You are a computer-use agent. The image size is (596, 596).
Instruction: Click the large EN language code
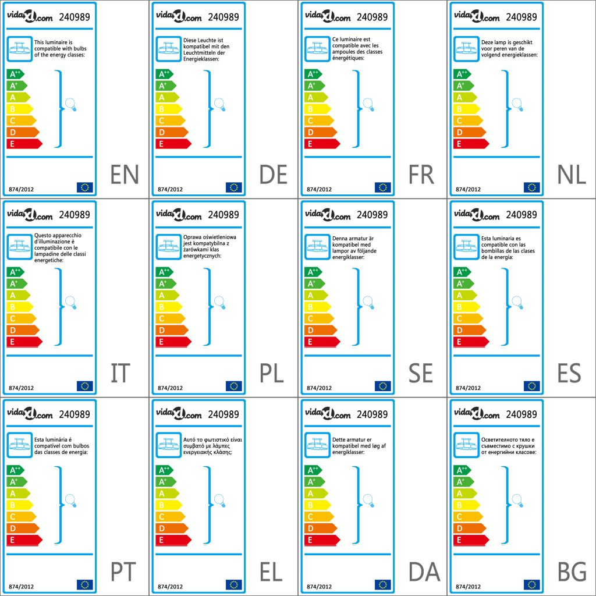pos(125,175)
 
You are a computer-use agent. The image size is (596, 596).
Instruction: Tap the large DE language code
pos(273,175)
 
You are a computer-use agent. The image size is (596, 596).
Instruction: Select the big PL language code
pos(272,373)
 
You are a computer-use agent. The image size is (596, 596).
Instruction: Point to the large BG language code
pos(572,572)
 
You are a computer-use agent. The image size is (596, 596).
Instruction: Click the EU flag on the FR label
pos(382,187)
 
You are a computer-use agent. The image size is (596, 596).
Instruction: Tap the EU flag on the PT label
pos(84,584)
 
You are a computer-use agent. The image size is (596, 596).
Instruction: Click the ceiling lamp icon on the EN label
pos(19,49)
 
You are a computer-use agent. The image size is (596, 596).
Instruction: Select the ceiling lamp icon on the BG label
pos(466,445)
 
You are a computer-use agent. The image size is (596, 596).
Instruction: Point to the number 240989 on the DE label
pos(223,17)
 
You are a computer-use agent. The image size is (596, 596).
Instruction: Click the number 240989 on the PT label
pos(74,414)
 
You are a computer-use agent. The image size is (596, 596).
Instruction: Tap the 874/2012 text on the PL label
pos(171,388)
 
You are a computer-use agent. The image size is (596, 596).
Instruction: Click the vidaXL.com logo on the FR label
pos(328,17)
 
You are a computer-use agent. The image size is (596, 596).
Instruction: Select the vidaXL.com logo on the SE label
pos(328,215)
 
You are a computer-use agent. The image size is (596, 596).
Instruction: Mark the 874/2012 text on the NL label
pos(468,189)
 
